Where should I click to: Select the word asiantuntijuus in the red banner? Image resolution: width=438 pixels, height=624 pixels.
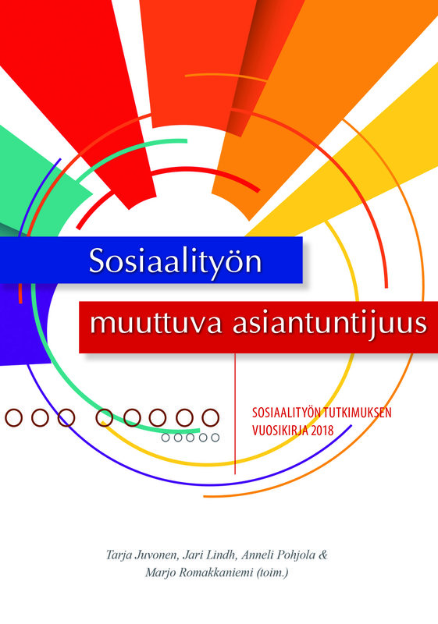point(329,324)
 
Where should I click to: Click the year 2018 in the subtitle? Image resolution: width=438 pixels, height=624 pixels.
point(323,431)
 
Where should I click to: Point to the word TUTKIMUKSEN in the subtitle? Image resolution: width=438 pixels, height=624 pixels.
point(357,413)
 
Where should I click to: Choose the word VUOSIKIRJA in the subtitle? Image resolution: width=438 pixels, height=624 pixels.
point(281,431)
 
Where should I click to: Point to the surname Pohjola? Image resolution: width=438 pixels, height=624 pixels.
point(297,555)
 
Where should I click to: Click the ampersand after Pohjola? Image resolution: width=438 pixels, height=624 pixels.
point(323,555)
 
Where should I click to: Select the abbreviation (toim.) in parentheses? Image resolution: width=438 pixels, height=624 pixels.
point(272,573)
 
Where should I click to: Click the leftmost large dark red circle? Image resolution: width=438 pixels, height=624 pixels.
point(13,418)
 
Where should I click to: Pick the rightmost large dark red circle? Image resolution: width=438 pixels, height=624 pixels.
point(211,418)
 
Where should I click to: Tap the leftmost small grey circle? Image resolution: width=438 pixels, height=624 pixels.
point(166,438)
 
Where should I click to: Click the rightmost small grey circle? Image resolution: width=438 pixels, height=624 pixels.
point(215,438)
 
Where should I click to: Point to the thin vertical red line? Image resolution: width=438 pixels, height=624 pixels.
point(235,413)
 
